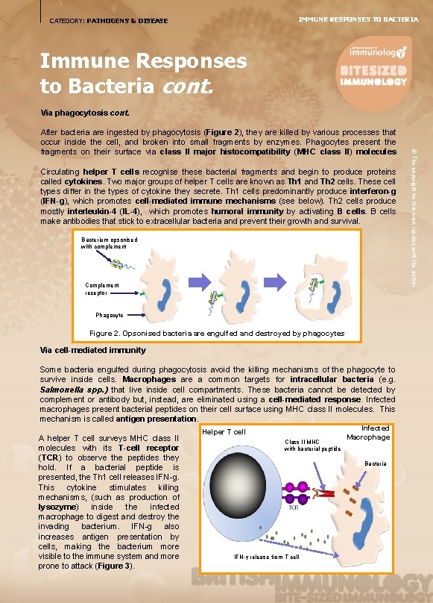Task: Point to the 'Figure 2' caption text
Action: [216, 333]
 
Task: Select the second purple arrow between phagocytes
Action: [286, 280]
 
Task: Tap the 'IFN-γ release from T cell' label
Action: [266, 557]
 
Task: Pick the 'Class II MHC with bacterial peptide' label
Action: [312, 445]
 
